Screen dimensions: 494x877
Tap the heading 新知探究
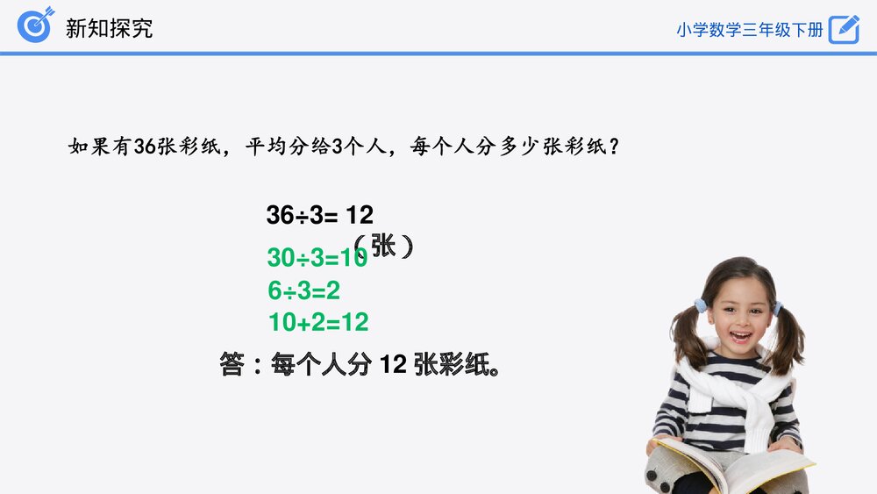[x=109, y=27]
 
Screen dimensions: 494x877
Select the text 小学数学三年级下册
[x=750, y=29]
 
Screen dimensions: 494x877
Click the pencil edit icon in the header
[x=844, y=28]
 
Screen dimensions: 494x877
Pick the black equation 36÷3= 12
[x=319, y=215]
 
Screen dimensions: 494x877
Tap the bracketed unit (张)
[x=383, y=247]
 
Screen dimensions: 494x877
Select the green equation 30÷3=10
[x=316, y=258]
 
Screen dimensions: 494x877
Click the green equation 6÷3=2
[x=303, y=290]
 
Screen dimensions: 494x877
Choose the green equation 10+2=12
[x=318, y=322]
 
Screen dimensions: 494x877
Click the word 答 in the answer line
[x=232, y=364]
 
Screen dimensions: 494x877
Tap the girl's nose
[x=739, y=319]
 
